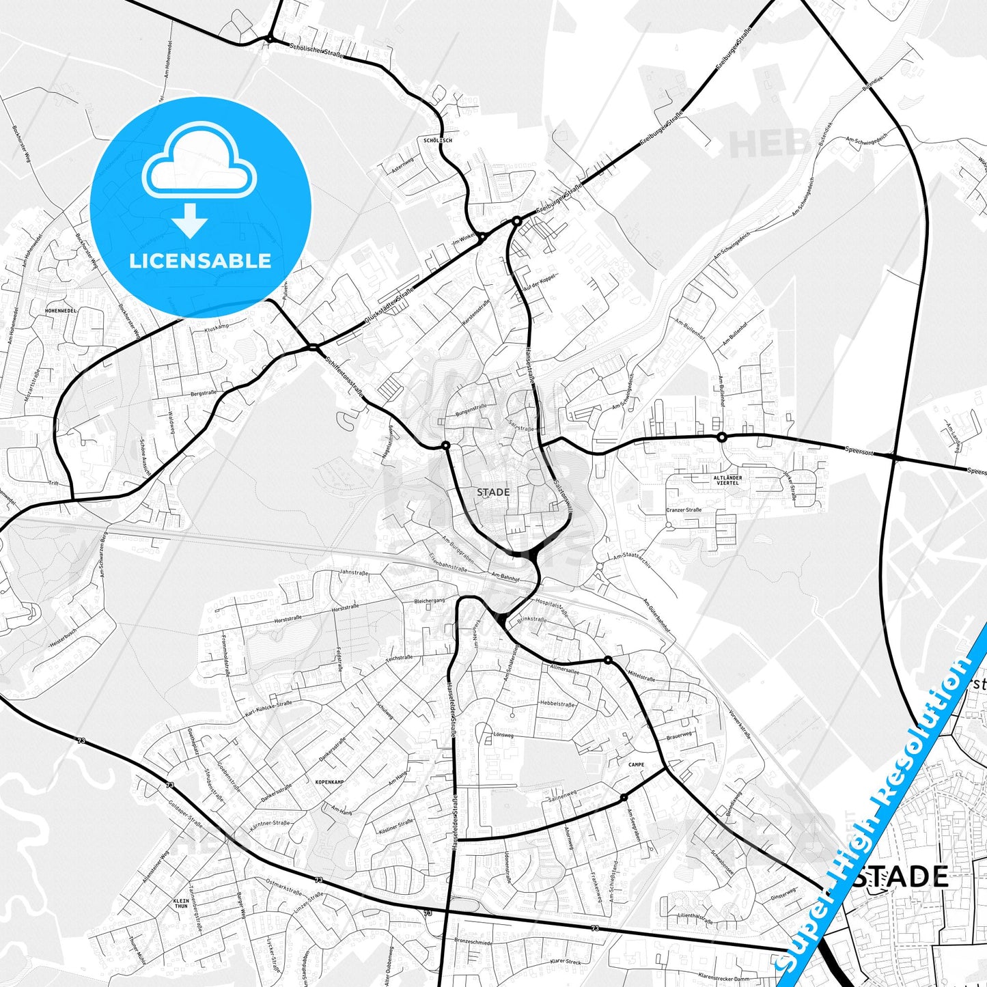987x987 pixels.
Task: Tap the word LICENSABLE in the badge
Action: coord(200,261)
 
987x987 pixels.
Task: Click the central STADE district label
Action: coord(493,492)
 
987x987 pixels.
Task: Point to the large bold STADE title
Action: coord(902,876)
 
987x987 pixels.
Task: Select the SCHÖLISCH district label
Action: coord(438,140)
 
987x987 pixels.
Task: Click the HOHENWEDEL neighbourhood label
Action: coord(61,310)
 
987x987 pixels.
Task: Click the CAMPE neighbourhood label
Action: coord(636,765)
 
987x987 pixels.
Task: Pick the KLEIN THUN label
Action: coord(181,903)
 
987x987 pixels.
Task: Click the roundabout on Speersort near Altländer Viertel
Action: coord(721,437)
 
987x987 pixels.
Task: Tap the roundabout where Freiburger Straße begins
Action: coord(517,221)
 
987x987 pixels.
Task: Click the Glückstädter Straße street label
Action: coord(389,307)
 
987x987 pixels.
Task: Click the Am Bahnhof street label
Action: coord(505,577)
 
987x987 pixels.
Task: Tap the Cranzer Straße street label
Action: coord(684,510)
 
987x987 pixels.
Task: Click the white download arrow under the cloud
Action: coord(190,220)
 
